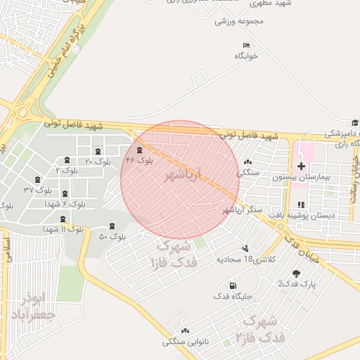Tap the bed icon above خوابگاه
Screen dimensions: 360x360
[x=246, y=45]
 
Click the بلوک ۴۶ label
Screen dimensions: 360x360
[x=139, y=160]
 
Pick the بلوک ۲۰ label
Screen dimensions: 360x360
[x=98, y=162]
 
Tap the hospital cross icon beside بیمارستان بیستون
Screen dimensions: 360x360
[x=302, y=167]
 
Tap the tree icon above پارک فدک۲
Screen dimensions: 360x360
[x=299, y=274]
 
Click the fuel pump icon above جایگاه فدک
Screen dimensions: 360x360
[x=233, y=285]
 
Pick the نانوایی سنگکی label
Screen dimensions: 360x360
[x=186, y=342]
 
